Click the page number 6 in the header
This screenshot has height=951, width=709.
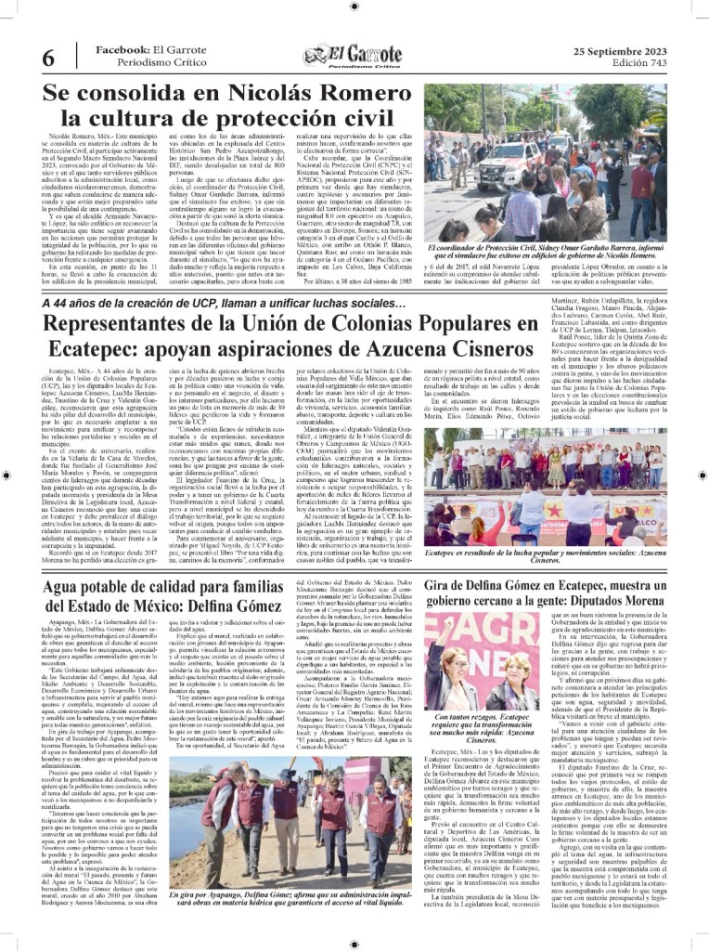pyautogui.click(x=47, y=57)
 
